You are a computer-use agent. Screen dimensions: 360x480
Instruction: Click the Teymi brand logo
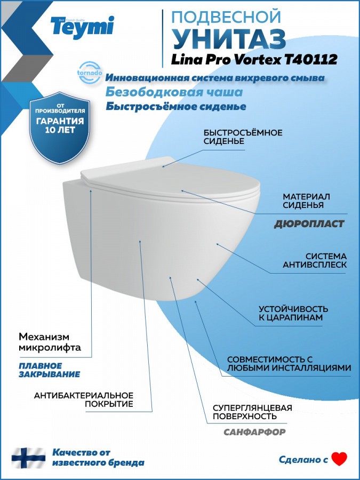82,27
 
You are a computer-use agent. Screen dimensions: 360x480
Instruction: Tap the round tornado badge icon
90,73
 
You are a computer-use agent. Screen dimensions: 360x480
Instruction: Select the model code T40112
311,59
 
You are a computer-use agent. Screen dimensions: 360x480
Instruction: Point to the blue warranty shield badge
59,127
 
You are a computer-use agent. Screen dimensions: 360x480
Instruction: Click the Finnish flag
28,458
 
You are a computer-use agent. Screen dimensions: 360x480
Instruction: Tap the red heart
340,459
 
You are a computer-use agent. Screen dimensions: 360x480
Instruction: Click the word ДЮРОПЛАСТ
309,224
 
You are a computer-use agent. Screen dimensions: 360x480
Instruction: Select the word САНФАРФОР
254,432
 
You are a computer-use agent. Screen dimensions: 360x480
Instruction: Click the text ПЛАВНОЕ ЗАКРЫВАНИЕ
49,370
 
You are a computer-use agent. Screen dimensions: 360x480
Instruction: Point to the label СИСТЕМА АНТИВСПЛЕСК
315,260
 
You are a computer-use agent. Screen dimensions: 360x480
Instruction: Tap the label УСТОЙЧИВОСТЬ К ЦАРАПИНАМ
293,313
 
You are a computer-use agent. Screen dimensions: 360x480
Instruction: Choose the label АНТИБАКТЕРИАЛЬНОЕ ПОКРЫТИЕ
84,399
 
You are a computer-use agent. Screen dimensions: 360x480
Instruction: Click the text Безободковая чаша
174,92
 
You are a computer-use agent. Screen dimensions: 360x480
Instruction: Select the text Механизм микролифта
50,342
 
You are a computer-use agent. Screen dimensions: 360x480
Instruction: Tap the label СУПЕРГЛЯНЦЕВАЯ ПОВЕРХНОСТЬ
253,412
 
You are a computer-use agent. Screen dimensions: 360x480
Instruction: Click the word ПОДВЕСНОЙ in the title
227,17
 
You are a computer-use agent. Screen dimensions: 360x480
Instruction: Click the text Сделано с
303,460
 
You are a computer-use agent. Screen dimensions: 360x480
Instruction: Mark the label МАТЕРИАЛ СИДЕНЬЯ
306,201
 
